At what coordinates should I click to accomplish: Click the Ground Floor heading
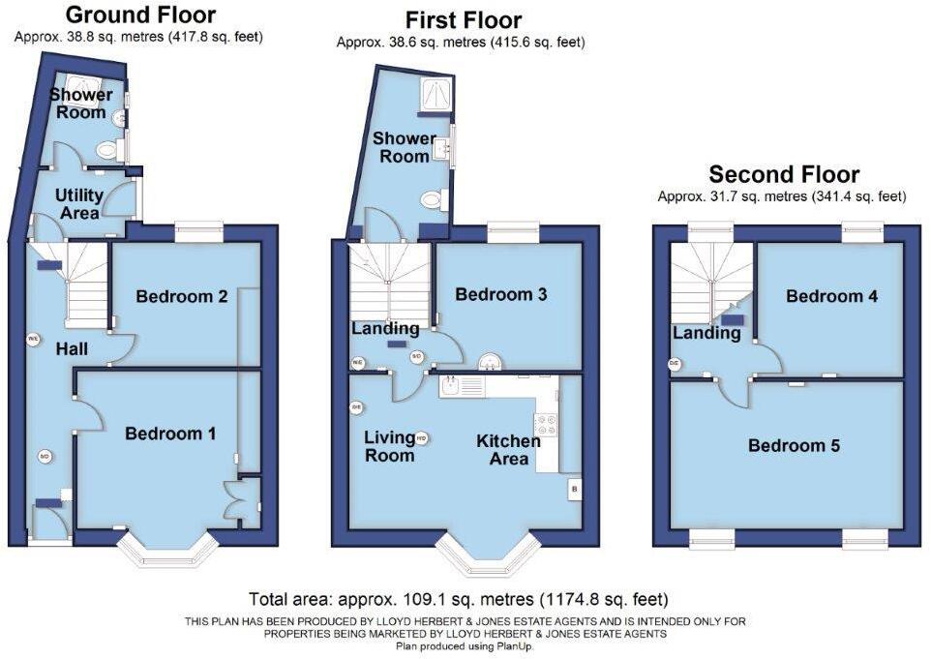(139, 15)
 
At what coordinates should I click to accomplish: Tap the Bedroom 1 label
(170, 434)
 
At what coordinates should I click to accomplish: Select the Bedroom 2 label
(182, 296)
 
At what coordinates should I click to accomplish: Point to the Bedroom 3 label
(501, 294)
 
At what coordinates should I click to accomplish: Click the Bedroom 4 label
(832, 296)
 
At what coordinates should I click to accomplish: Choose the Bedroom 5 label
(794, 446)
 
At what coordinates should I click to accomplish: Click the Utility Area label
(79, 203)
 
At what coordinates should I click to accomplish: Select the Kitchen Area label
(508, 449)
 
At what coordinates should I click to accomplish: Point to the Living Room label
(389, 446)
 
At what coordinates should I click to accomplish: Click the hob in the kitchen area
(546, 424)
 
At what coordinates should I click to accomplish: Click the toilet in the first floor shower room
(431, 200)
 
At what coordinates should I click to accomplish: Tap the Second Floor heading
(784, 174)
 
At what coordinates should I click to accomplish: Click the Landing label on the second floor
(707, 334)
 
